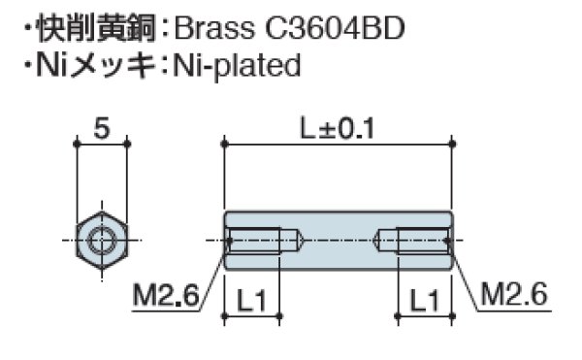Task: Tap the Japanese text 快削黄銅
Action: click(x=94, y=29)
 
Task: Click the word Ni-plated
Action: click(x=237, y=66)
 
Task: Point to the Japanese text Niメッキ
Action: click(x=94, y=66)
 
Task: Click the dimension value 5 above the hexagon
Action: click(x=101, y=126)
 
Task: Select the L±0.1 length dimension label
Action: click(x=338, y=126)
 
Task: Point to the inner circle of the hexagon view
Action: click(x=101, y=240)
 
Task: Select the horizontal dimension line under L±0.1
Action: click(x=338, y=144)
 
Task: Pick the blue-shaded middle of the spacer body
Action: click(x=338, y=240)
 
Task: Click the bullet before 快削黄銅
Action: click(x=26, y=30)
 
